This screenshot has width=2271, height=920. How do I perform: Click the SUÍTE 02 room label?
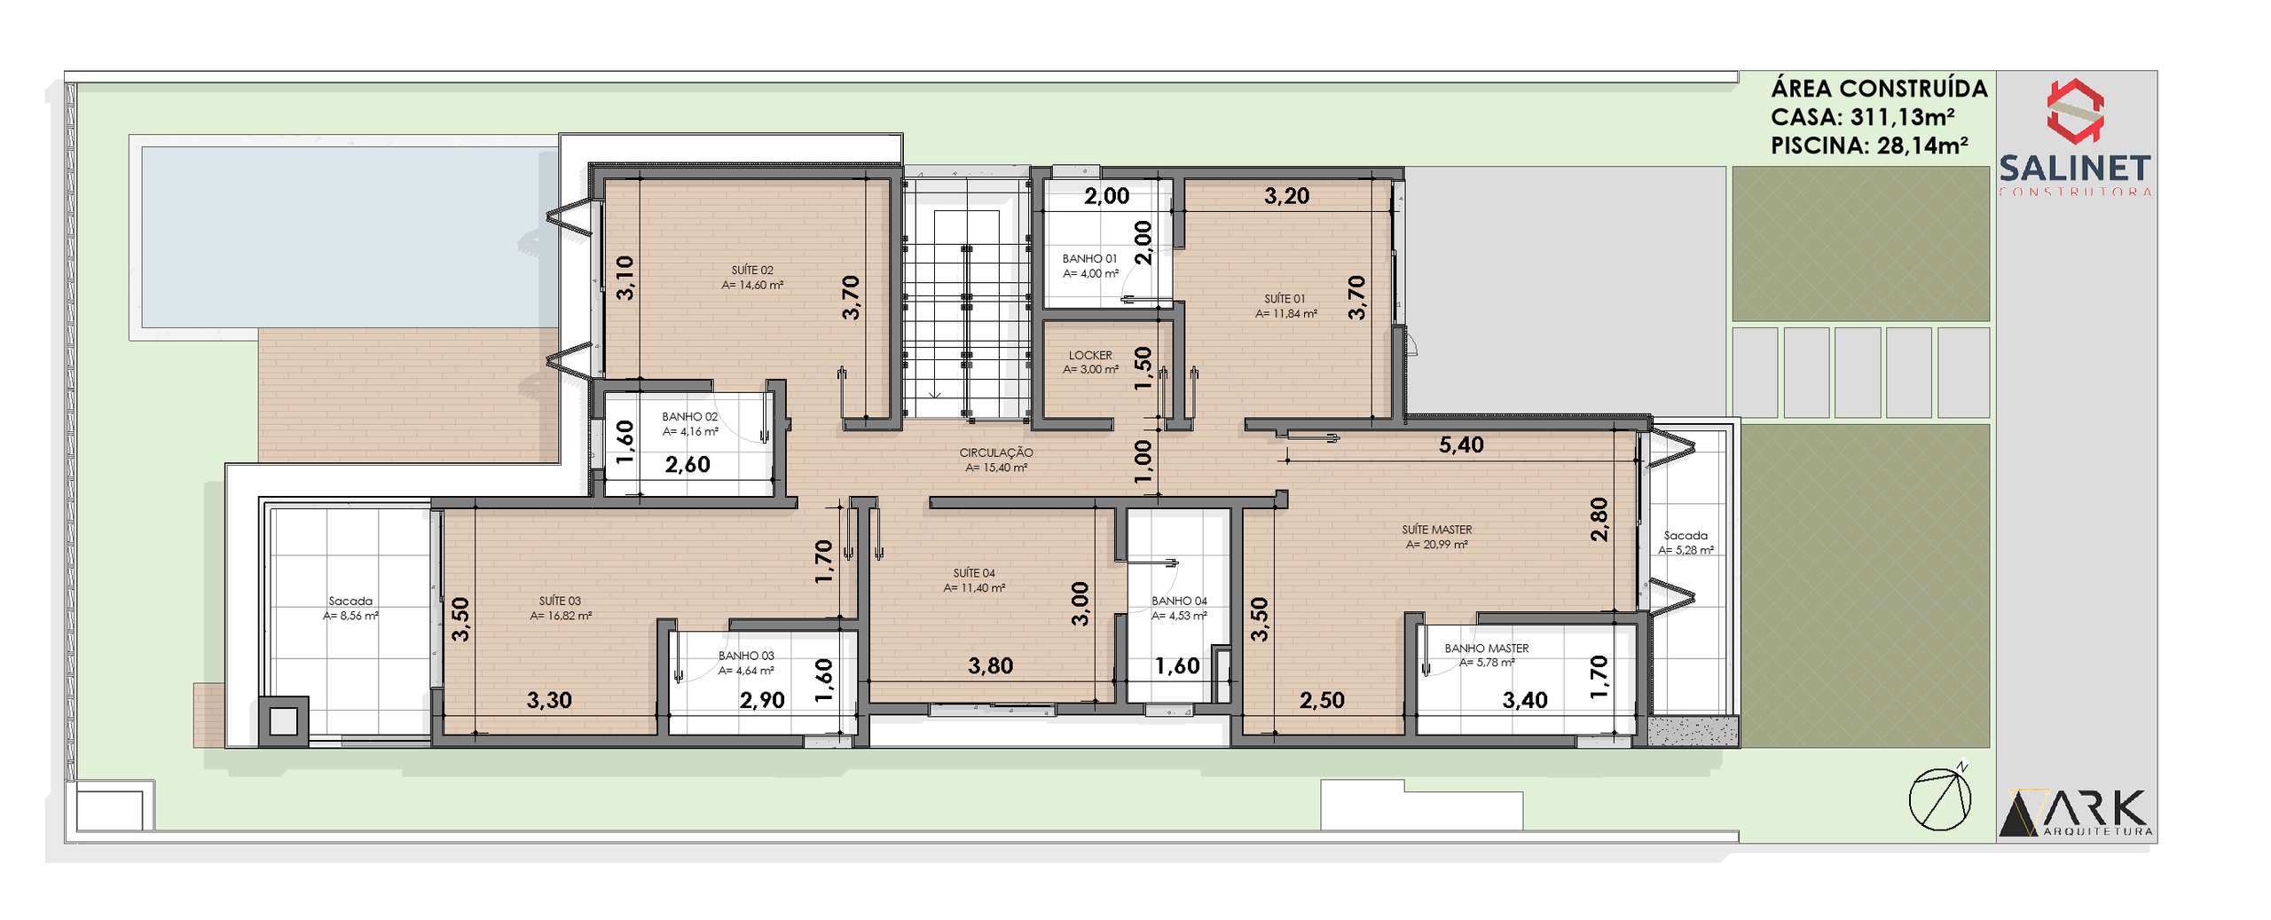pos(752,270)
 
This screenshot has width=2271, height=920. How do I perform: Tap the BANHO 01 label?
pos(1089,258)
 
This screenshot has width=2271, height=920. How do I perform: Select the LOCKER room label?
pos(1090,355)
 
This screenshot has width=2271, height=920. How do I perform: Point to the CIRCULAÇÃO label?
pos(996,452)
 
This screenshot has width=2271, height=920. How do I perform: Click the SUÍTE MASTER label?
pos(1437,530)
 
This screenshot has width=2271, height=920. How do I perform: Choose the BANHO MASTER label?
pos(1487,649)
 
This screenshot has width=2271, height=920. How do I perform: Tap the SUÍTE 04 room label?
pos(974,573)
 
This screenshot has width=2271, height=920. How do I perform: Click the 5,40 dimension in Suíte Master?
pos(1461,444)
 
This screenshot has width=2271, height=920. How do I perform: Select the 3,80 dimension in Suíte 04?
pos(990,665)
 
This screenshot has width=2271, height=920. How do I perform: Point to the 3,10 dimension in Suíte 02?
pos(625,278)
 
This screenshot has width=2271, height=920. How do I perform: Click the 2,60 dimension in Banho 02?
pos(688,464)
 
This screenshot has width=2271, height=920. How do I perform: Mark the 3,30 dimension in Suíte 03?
pos(549,700)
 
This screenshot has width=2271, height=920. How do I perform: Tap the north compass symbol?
pos(1941,798)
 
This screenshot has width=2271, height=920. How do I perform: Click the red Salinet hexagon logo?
pos(2075,111)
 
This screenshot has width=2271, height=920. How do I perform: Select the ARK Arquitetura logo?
pos(2075,812)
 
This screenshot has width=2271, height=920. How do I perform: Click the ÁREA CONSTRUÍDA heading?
pos(1879,89)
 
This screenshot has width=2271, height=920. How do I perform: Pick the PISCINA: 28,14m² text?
pos(1869,145)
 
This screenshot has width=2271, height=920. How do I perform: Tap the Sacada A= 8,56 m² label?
pos(350,608)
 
